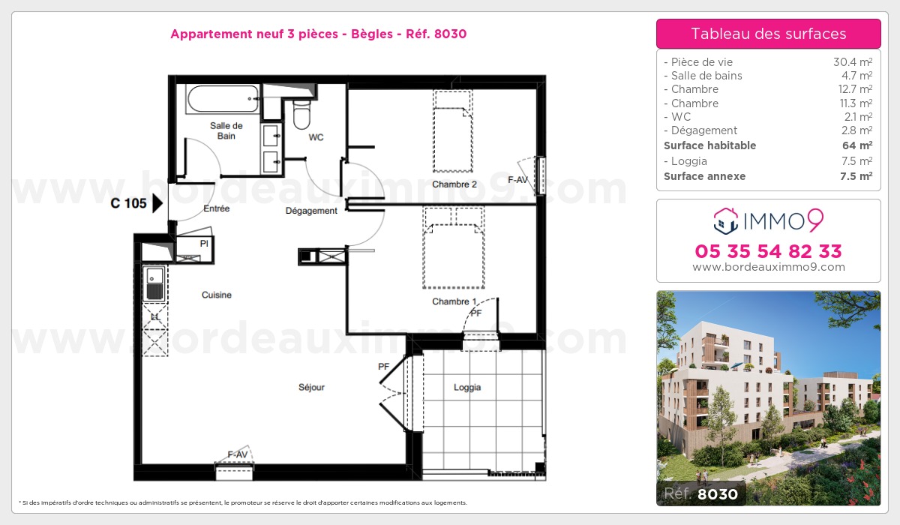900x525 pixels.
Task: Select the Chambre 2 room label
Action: [x=454, y=184]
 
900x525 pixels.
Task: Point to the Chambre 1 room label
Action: [x=454, y=301]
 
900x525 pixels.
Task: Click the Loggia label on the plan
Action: [x=466, y=388]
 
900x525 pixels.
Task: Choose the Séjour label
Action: [x=311, y=388]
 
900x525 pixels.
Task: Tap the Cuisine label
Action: [x=217, y=295]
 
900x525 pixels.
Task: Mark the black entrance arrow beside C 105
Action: [x=157, y=202]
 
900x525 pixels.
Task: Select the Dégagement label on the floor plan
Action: [x=311, y=211]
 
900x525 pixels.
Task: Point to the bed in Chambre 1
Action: [x=454, y=247]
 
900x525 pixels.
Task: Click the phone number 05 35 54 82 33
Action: [x=768, y=250]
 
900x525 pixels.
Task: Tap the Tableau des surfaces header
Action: [x=768, y=34]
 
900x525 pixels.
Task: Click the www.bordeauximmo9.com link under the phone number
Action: [x=768, y=267]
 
